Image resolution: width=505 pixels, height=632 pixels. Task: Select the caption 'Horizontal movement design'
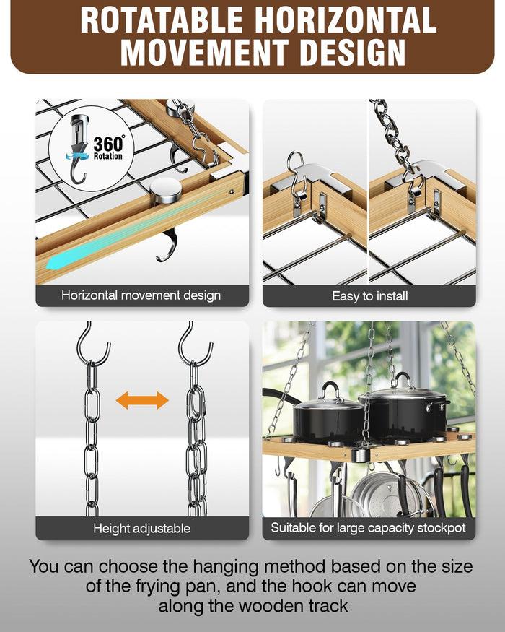click(x=141, y=295)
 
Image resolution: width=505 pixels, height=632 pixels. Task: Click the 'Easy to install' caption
click(x=369, y=295)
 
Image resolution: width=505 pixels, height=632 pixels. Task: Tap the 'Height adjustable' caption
click(x=141, y=528)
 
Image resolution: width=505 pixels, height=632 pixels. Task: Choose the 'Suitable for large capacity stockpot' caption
click(x=368, y=528)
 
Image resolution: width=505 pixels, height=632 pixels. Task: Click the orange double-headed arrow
click(x=142, y=400)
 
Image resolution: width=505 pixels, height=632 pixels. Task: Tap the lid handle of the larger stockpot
click(x=403, y=381)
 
